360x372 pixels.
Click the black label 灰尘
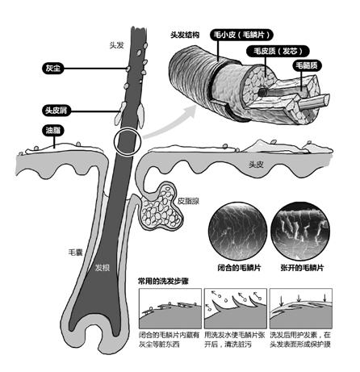tap(52, 69)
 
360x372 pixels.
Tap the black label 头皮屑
tap(57, 111)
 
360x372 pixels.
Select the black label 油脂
tap(53, 131)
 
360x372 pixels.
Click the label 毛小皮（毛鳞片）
tap(241, 35)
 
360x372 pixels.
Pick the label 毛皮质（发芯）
tap(278, 51)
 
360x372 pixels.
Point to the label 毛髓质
tap(307, 65)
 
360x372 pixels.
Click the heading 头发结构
tap(185, 36)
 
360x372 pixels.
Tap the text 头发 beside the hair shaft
tap(117, 45)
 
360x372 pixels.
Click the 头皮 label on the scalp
tap(256, 165)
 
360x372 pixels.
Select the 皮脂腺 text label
tap(188, 201)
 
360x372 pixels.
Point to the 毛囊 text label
tap(75, 253)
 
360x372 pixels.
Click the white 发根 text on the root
tap(103, 268)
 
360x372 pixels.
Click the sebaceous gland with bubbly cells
tap(161, 207)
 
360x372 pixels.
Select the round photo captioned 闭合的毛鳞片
tap(237, 232)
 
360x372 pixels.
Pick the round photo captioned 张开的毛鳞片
tap(300, 232)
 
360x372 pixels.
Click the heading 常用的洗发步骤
tap(163, 282)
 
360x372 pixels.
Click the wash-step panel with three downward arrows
tap(301, 308)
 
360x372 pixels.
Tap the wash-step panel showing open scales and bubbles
tap(236, 308)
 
